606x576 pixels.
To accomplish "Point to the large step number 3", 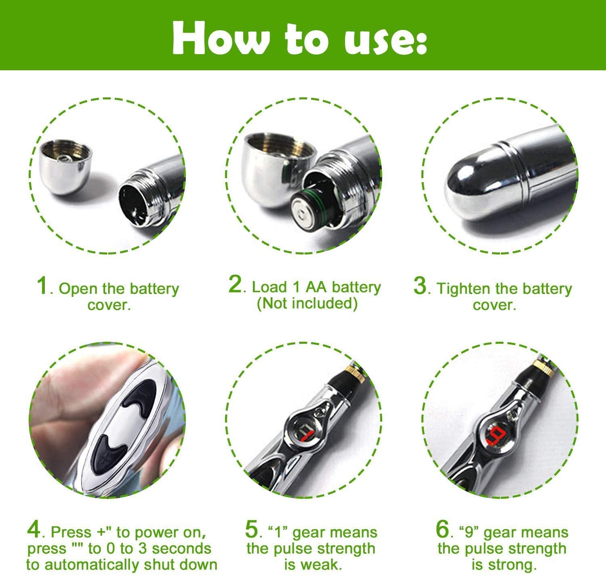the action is pos(420,286).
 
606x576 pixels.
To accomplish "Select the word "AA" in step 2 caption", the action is pos(316,287).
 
